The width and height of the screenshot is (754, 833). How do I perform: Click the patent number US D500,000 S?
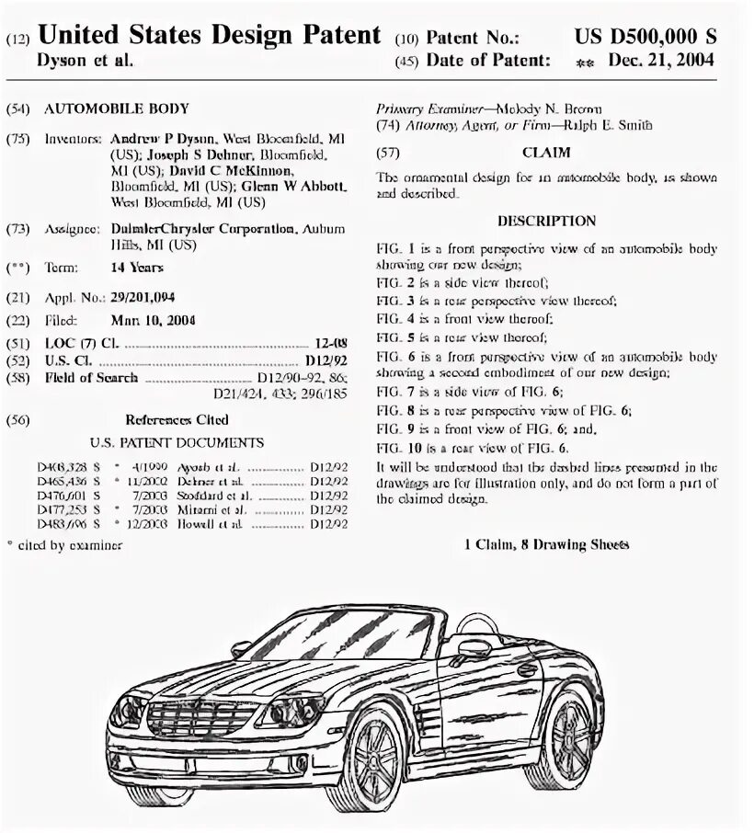[x=645, y=37]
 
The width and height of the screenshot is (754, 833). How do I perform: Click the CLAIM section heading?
[x=546, y=153]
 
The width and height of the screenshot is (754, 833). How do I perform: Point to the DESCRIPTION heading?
[x=546, y=221]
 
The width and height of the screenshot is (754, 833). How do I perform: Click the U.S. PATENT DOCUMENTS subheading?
[x=177, y=442]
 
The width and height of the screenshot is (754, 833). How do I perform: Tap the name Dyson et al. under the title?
[x=85, y=61]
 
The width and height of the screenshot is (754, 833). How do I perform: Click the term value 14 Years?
[x=137, y=268]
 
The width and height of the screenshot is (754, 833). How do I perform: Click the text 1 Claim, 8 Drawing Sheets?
[x=546, y=544]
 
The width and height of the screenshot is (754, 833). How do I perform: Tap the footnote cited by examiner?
[x=64, y=544]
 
